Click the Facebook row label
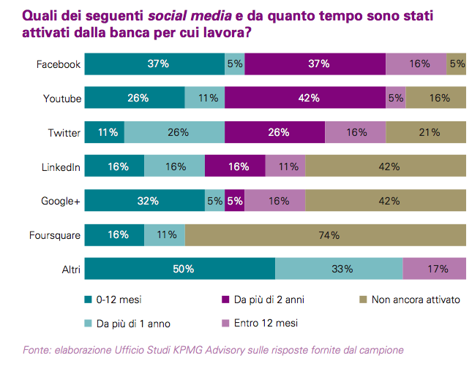tap(59, 64)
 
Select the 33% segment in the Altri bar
tap(339, 269)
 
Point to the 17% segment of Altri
tap(435, 269)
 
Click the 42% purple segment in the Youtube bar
tap(304, 98)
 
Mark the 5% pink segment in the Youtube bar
tap(396, 98)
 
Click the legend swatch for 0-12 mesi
tap(89, 300)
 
